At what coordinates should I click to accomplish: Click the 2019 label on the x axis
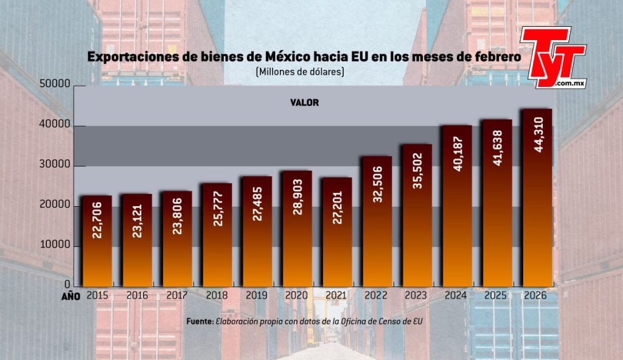257,296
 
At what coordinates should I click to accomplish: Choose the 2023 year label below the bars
417,296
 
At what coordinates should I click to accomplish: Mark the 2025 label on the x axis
498,296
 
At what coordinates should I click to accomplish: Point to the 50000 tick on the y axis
55,86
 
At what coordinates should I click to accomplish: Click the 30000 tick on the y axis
55,166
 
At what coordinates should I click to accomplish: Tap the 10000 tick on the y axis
55,246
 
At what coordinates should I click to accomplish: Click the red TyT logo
552,57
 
